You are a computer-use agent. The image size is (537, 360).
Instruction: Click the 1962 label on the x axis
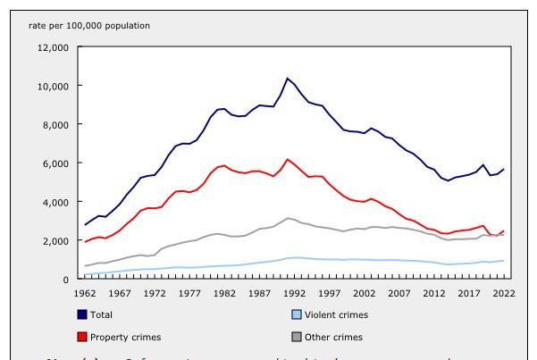coord(86,293)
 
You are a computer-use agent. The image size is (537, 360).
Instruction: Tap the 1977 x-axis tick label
coord(187,293)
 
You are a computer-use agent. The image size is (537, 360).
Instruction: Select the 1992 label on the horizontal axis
coord(288,293)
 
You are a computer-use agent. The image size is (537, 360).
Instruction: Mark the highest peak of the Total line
coord(288,79)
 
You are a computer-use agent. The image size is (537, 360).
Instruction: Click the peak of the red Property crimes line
coord(288,159)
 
